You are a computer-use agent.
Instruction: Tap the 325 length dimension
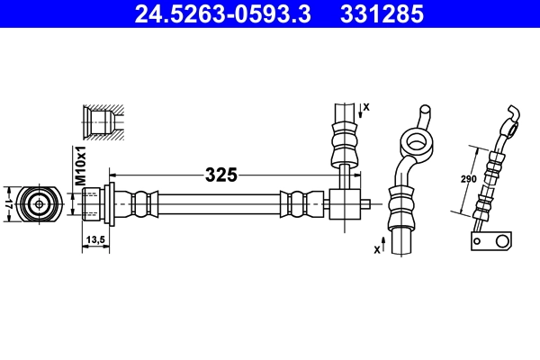220,175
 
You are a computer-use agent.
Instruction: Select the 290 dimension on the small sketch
469,179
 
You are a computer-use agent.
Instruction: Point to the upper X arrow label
364,108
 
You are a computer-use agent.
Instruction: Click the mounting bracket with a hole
490,241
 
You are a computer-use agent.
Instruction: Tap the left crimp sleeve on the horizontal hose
143,202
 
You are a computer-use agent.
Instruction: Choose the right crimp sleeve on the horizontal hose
297,202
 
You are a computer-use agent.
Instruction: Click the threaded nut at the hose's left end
93,202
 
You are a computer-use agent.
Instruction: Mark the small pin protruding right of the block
366,202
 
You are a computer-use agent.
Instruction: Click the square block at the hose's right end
344,202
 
